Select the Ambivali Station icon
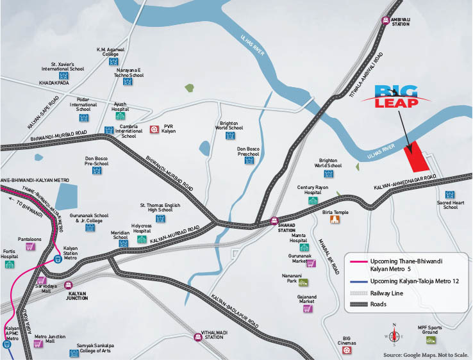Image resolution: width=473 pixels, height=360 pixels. click(x=386, y=20)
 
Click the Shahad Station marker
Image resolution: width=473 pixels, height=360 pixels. click(x=274, y=222)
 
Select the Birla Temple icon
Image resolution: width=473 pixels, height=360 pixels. click(x=334, y=220)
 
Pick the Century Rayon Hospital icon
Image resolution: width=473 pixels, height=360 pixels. click(x=313, y=200)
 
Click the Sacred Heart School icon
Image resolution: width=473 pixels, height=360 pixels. click(x=450, y=194)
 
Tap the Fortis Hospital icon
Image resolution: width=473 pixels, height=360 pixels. click(x=10, y=264)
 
